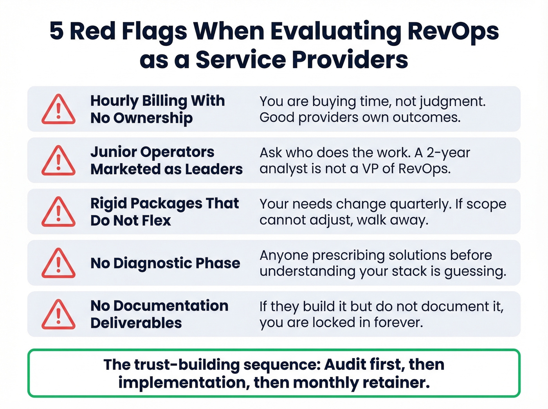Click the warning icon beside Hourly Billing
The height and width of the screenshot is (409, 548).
pyautogui.click(x=58, y=109)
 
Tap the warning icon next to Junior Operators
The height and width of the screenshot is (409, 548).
pyautogui.click(x=58, y=160)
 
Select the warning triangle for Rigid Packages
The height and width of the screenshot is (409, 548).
pyautogui.click(x=58, y=212)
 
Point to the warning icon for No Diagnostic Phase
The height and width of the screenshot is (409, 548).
pyautogui.click(x=58, y=263)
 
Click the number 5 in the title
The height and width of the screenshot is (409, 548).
pyautogui.click(x=56, y=31)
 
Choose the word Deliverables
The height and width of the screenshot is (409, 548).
pyautogui.click(x=136, y=323)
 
